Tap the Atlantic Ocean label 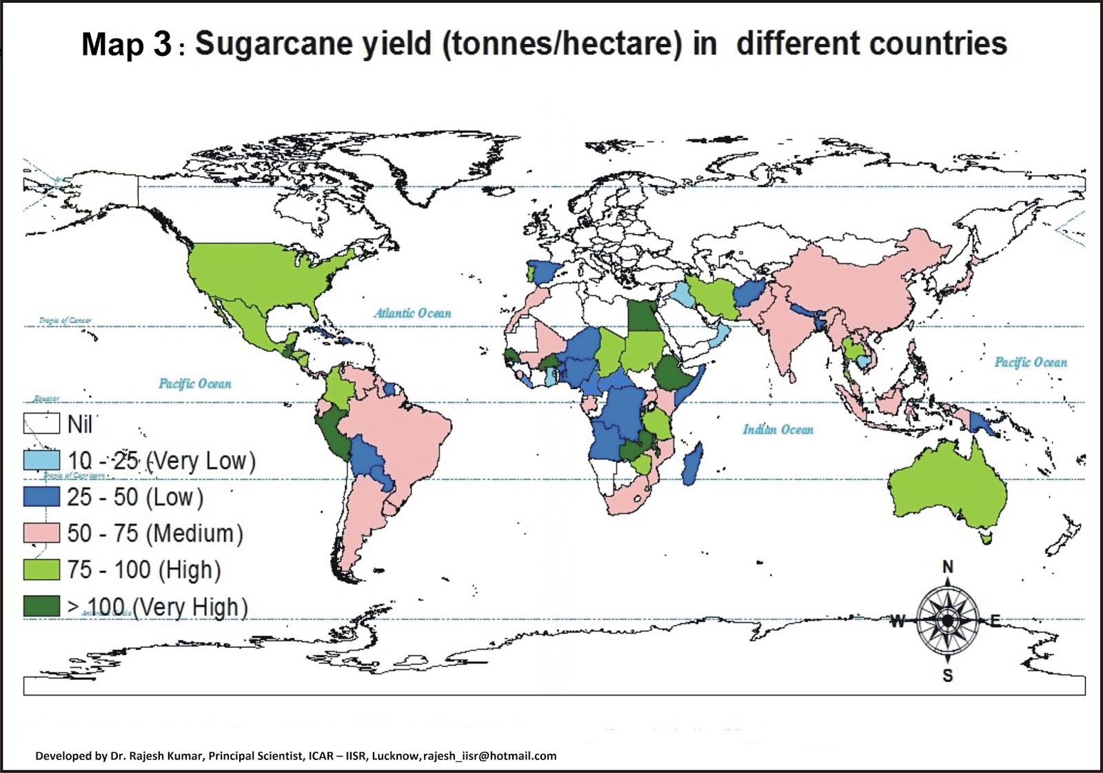(x=413, y=313)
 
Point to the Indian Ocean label (x=778, y=430)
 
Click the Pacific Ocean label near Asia (x=1030, y=362)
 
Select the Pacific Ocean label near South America (x=195, y=383)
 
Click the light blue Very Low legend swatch (x=42, y=460)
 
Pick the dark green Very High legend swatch (x=42, y=606)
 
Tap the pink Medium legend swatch (x=42, y=533)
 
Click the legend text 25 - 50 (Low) (x=135, y=497)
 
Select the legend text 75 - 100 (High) (x=144, y=570)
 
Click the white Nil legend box (x=42, y=423)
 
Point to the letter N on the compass (x=948, y=567)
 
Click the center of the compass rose (x=948, y=621)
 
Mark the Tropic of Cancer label (x=65, y=321)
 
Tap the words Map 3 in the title (x=126, y=45)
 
